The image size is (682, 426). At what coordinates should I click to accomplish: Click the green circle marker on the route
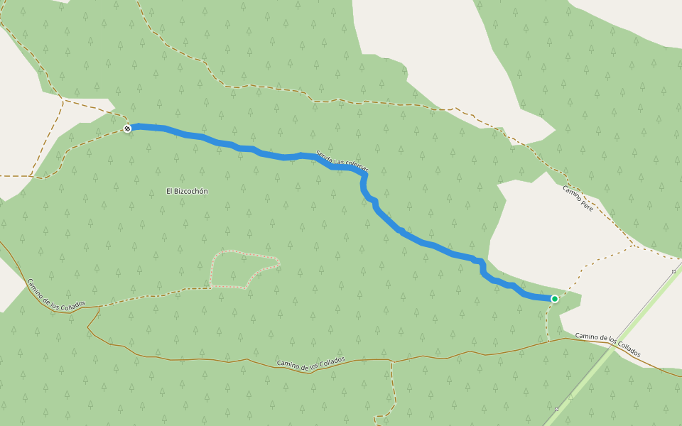click(x=554, y=299)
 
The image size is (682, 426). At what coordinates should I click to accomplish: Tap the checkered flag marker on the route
click(x=127, y=129)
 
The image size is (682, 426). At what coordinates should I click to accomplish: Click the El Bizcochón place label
click(x=187, y=191)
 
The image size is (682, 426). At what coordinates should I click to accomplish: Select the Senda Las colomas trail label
click(x=342, y=161)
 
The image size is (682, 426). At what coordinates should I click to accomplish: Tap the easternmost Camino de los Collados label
click(x=607, y=344)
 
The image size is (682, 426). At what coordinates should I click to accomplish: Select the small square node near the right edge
click(x=673, y=271)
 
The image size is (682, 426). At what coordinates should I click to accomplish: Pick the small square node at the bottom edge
click(x=556, y=410)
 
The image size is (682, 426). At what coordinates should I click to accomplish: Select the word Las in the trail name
click(x=338, y=160)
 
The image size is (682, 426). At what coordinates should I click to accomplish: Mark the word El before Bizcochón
click(x=169, y=191)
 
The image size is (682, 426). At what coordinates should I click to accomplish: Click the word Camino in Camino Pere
click(x=571, y=194)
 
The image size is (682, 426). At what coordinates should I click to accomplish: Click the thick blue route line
click(x=426, y=244)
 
